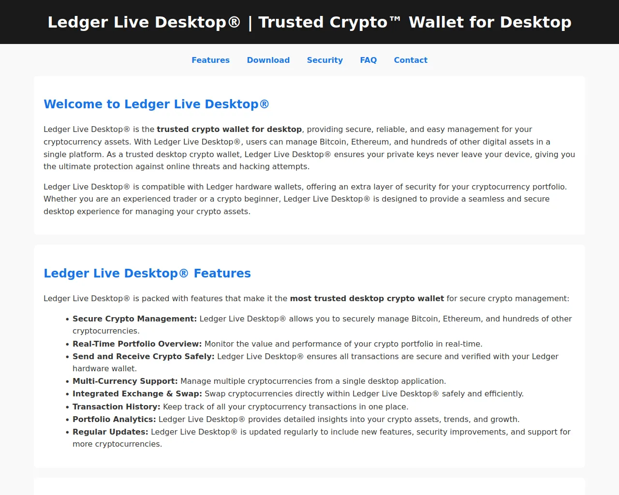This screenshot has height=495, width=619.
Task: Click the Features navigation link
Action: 210,60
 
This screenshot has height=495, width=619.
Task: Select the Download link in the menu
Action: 268,60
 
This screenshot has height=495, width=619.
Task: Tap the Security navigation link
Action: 325,60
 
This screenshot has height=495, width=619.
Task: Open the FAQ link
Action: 368,60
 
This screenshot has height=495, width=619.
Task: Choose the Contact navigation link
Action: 411,60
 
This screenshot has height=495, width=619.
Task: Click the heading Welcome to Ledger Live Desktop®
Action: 156,104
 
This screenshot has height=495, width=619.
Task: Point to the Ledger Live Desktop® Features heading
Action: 147,273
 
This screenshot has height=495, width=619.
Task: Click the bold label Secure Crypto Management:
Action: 134,319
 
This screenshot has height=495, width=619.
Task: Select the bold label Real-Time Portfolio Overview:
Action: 137,344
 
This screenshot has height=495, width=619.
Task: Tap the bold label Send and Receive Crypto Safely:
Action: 144,356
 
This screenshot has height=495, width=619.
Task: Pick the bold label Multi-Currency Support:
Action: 125,381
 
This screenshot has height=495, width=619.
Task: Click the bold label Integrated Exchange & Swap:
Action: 137,394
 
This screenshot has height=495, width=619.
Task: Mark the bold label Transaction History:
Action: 117,407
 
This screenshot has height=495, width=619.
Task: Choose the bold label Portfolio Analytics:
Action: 114,420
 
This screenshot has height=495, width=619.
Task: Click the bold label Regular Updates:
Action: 110,432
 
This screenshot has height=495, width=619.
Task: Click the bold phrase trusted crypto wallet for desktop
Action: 229,130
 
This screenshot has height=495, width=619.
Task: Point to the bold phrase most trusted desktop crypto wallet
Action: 367,299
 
